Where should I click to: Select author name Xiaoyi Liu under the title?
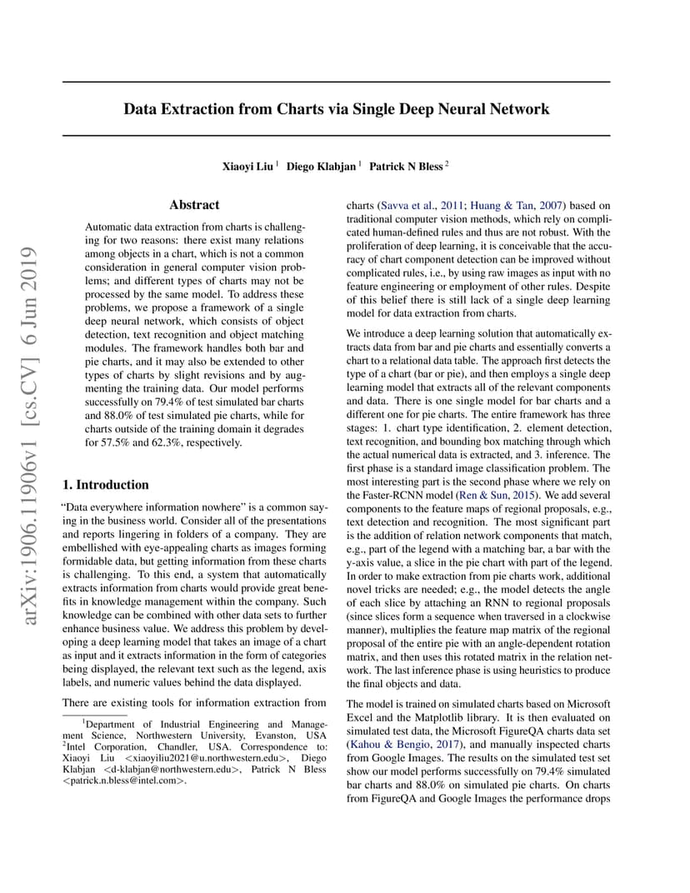coord(247,167)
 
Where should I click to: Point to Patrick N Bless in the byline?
coord(406,167)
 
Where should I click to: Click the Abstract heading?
coord(194,205)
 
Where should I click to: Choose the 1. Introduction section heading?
coord(106,485)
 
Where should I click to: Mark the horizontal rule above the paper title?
coord(336,82)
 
